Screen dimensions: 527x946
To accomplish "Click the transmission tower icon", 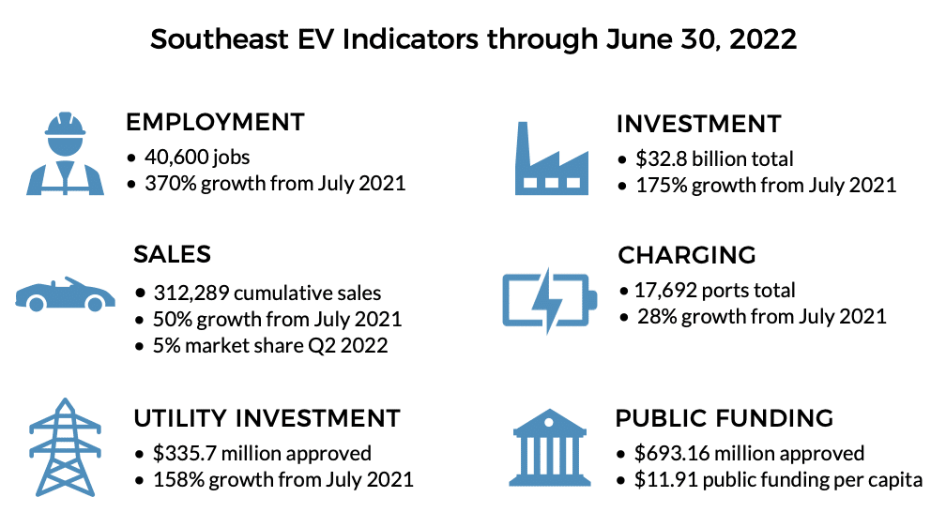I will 65,446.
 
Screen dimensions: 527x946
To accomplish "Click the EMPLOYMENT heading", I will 215,122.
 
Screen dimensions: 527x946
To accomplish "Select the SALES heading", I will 172,254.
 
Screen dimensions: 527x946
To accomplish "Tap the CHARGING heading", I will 686,255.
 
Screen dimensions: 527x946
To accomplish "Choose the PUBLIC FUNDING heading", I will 725,417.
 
